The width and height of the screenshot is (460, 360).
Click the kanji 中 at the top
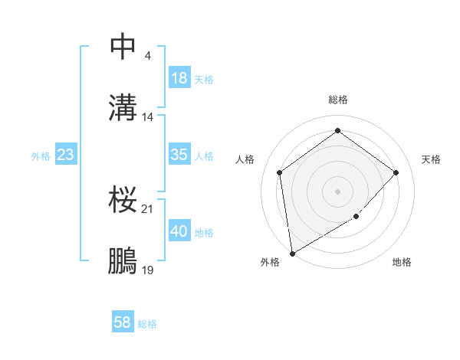(x=123, y=46)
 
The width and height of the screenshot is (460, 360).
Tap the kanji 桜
(x=123, y=200)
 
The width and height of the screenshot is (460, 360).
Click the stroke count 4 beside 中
(x=147, y=55)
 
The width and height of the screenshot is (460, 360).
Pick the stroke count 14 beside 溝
(x=148, y=117)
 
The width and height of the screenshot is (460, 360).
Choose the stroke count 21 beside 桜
(x=148, y=208)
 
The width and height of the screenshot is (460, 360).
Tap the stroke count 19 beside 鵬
(x=148, y=270)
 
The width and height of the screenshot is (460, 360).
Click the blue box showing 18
(x=179, y=78)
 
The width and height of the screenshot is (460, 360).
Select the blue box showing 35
(x=179, y=155)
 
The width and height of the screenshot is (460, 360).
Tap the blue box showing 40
(x=179, y=231)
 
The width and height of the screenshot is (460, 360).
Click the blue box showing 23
(x=66, y=155)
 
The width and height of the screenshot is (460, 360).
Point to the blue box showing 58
(x=123, y=322)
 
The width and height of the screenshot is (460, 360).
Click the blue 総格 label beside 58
(x=147, y=324)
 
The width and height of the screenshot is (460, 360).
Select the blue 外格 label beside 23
(x=41, y=156)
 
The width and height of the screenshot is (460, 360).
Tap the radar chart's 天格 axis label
(x=432, y=159)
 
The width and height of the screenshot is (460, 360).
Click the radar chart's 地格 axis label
(x=402, y=263)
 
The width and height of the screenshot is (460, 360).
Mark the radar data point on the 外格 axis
(x=292, y=252)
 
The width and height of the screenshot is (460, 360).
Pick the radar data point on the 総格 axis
(x=337, y=131)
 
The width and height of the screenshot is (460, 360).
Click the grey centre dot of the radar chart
(x=337, y=191)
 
